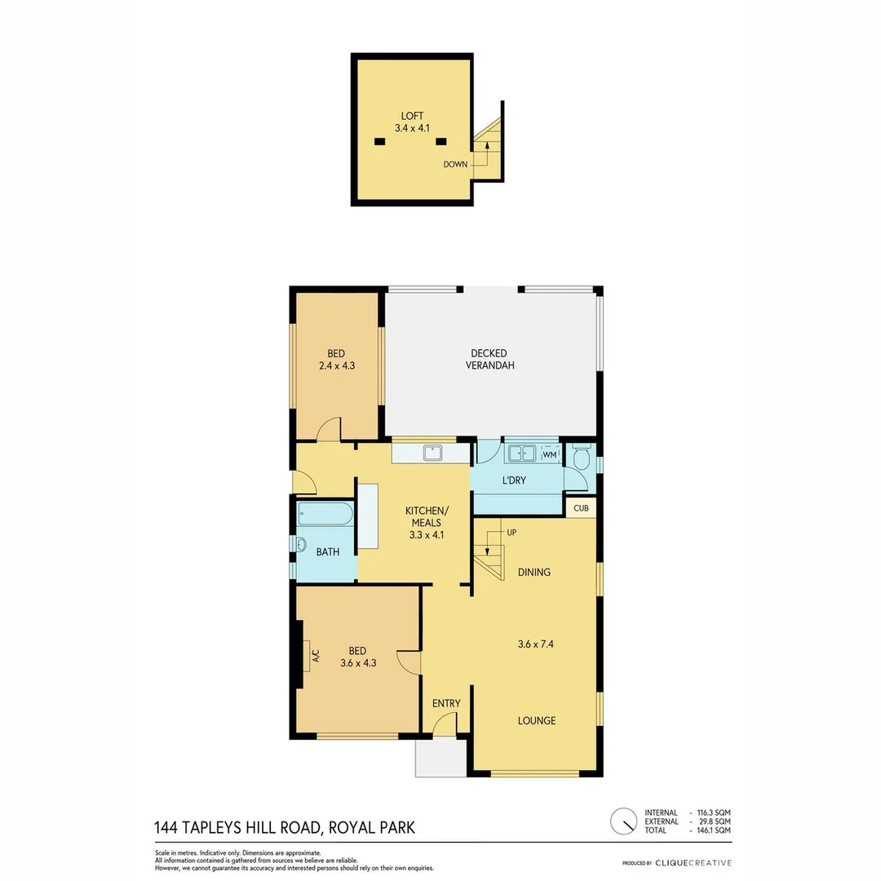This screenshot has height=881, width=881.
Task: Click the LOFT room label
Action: (412, 115)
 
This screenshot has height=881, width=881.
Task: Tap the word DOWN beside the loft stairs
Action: (455, 165)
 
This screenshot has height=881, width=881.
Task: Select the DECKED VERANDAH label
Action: (489, 359)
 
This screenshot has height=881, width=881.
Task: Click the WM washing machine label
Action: (550, 454)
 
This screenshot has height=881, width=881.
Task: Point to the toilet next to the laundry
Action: (580, 458)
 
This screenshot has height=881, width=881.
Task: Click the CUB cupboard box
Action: (581, 507)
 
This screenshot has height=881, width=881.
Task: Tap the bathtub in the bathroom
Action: (325, 514)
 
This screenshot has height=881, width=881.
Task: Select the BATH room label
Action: (328, 552)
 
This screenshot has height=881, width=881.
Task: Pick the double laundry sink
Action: (520, 453)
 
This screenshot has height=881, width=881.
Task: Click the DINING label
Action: (534, 572)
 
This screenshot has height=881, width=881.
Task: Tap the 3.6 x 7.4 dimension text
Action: (536, 644)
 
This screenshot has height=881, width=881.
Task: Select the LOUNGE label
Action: (537, 720)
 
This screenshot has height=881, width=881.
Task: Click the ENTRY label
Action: (446, 703)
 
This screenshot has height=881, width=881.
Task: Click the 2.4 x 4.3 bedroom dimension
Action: (336, 366)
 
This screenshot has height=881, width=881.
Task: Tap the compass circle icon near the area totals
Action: (624, 820)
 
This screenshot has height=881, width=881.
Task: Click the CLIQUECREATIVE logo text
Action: (693, 863)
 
